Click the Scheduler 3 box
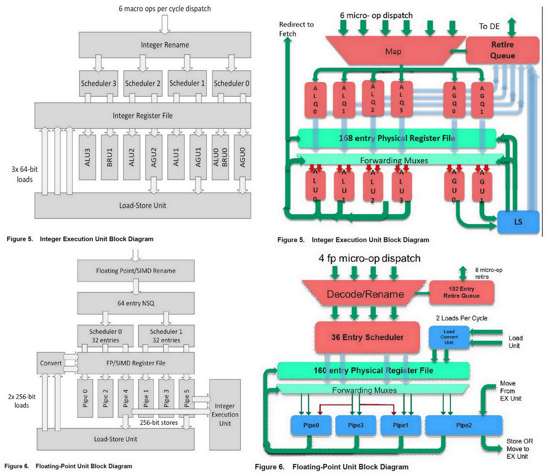(x=98, y=84)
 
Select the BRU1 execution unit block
(x=109, y=157)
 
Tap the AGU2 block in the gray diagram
(x=154, y=157)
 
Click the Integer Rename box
(x=165, y=45)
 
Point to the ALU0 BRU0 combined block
(x=220, y=157)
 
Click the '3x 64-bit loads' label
(x=24, y=174)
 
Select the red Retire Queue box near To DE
(x=502, y=50)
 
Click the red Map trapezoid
(x=393, y=52)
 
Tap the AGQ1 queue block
(x=482, y=100)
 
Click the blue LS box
(x=518, y=222)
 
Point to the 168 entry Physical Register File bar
(x=397, y=138)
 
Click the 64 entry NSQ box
(x=136, y=303)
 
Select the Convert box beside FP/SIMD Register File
(x=51, y=363)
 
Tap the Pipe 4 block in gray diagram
(x=125, y=398)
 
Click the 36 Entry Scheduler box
(x=367, y=337)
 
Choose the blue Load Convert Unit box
(x=449, y=337)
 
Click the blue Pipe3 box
(x=355, y=425)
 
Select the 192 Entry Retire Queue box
(x=461, y=293)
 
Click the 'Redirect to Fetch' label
(x=296, y=29)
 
